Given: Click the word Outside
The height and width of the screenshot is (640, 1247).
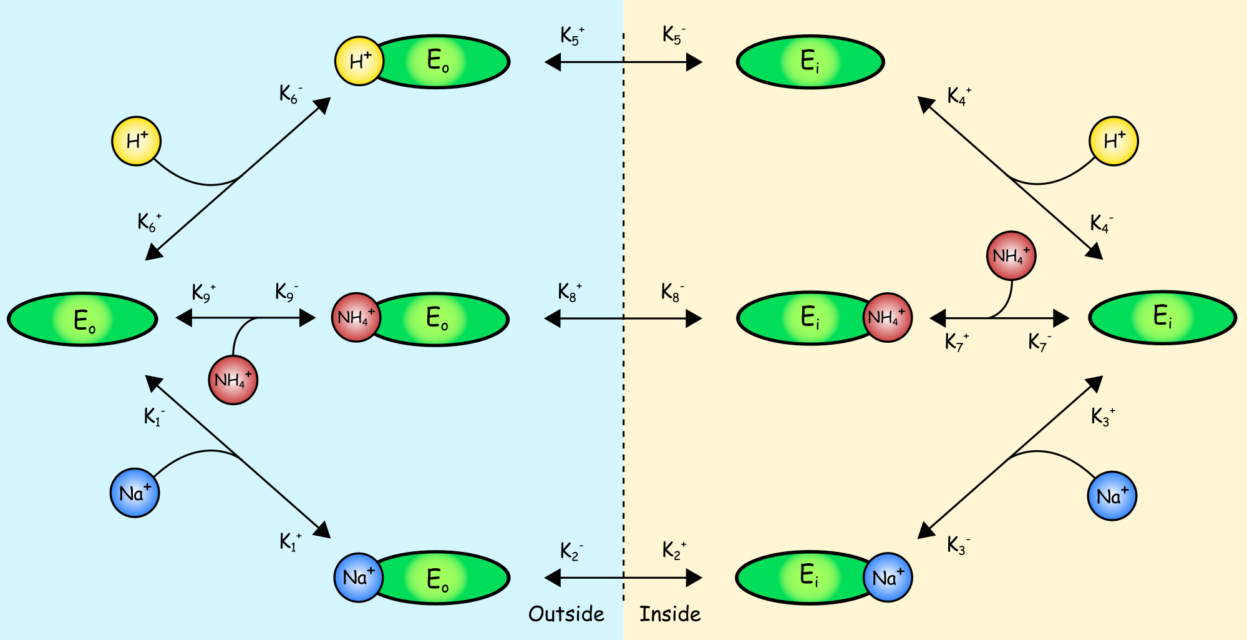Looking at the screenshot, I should (566, 614).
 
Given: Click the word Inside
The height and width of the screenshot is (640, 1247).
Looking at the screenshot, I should (670, 614).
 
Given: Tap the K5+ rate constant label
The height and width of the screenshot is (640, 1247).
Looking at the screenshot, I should (571, 36).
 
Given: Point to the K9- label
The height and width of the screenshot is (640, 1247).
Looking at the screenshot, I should (286, 292).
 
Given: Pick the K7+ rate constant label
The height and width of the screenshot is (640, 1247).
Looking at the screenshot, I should (956, 342).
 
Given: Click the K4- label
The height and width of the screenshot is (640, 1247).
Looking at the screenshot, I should (1101, 224).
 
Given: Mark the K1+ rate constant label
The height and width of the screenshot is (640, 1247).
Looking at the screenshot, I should (290, 541).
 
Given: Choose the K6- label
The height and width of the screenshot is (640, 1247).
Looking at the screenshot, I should (290, 94).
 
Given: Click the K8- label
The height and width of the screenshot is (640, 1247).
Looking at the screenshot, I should (672, 292).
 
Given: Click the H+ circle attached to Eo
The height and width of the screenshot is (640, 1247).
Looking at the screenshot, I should (359, 61).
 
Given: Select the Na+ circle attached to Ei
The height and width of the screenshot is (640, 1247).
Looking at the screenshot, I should (888, 578).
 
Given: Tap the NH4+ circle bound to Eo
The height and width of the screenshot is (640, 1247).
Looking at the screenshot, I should (356, 317).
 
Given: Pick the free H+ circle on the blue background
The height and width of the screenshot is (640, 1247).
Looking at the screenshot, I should (136, 141).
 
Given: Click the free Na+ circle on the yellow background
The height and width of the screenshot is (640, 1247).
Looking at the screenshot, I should (1112, 496).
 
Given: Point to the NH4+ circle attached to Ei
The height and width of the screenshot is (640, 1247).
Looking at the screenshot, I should (887, 317).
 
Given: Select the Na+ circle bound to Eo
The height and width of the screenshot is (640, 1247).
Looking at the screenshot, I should (358, 578).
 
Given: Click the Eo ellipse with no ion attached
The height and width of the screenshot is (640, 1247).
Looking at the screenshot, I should (82, 319).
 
